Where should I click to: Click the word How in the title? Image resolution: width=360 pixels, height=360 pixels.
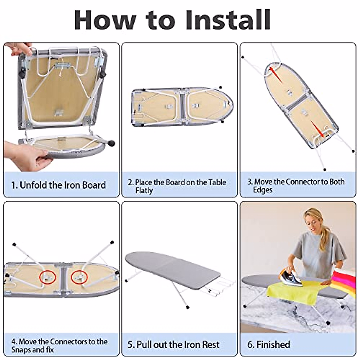tap(105, 20)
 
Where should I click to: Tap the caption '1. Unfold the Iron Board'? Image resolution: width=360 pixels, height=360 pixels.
tap(58, 185)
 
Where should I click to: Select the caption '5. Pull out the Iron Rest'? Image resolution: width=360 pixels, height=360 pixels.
tap(173, 344)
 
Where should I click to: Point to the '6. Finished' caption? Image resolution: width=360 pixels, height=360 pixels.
tap(268, 344)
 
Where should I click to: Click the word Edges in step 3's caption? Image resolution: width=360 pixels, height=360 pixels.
tap(262, 190)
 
